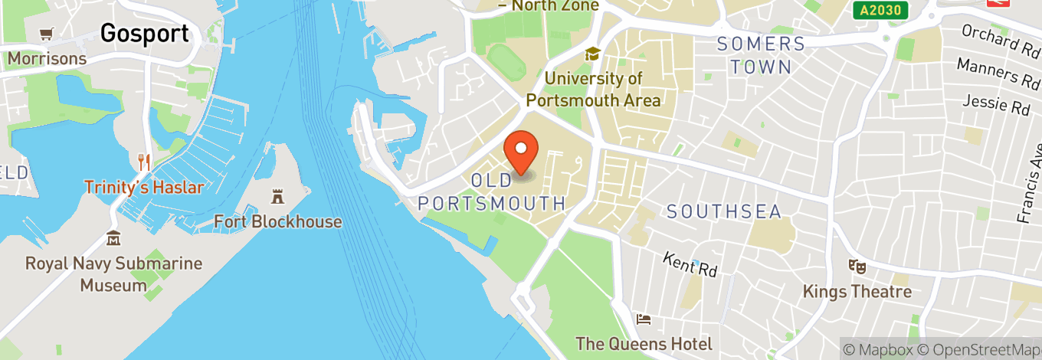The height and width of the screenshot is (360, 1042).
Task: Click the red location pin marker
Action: coord(521,152)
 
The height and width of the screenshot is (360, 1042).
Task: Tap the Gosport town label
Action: coord(144,33)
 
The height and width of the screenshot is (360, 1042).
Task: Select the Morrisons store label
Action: coord(47,58)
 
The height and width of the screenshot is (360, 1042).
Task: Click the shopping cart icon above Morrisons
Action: coord(47,34)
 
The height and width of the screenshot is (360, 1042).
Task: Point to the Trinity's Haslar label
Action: coord(144,187)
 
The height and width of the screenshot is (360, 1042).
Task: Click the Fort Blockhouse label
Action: coord(277,221)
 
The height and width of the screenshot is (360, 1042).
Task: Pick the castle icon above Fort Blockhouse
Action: coord(277,197)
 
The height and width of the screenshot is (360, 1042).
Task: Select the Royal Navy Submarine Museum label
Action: coord(113,274)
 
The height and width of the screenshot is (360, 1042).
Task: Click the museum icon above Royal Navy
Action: coord(113,238)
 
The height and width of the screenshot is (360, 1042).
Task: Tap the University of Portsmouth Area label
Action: coord(593,89)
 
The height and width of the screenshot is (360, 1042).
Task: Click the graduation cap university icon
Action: coord(592,54)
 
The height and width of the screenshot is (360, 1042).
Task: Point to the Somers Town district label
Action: coord(761,55)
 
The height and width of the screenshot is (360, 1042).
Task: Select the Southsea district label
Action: coord(723,211)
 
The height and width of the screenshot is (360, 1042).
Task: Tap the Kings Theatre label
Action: coord(857,292)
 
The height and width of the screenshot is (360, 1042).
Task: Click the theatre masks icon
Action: coord(857,267)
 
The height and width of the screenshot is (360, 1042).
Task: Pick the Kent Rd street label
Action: coord(690,264)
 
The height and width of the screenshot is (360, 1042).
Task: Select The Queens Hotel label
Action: coord(644,344)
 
